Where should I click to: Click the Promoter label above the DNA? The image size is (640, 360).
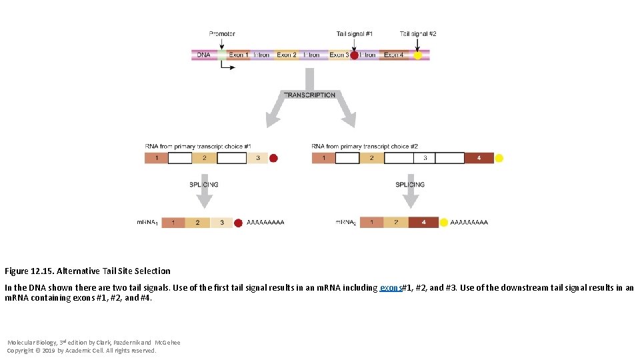tap(222, 33)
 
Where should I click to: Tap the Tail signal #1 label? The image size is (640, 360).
tap(355, 33)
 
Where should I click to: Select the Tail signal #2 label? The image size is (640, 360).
tap(418, 33)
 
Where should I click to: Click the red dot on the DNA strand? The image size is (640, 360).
tap(355, 55)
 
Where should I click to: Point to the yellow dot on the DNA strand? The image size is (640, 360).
tap(417, 55)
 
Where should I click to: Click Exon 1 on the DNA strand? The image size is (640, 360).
tap(238, 55)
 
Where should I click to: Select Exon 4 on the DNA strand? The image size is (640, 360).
tap(394, 55)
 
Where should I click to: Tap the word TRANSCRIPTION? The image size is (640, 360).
tap(310, 95)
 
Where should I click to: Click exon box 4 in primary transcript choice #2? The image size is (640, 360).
tap(479, 158)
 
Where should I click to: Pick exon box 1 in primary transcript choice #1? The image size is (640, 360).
tap(157, 158)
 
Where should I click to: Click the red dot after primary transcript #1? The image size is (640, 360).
tap(273, 158)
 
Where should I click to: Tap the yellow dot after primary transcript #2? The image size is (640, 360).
tap(499, 158)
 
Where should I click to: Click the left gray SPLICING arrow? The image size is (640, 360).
tap(205, 194)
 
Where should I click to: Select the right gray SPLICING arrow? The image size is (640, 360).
tap(411, 194)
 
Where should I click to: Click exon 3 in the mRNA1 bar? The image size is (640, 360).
tap(222, 223)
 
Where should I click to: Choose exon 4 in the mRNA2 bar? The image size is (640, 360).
tap(423, 223)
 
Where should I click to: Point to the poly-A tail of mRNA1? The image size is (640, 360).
tap(265, 223)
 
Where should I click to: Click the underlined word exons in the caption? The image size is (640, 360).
tap(391, 288)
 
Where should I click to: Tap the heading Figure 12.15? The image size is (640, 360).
tap(31, 271)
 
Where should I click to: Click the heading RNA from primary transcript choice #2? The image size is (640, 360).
tap(365, 146)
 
